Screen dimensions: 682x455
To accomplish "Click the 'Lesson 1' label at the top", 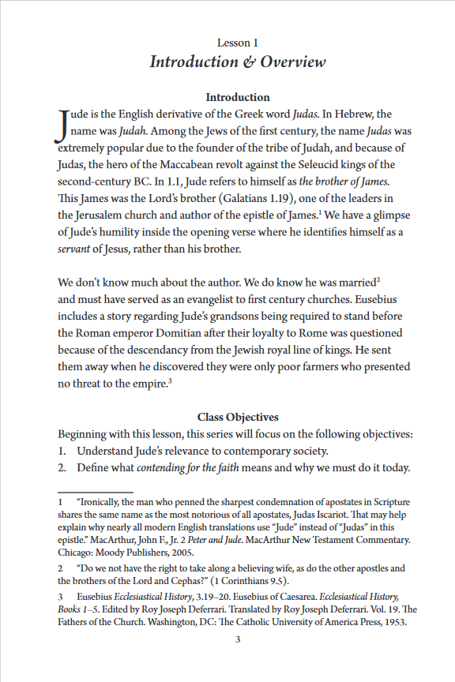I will click(238, 42).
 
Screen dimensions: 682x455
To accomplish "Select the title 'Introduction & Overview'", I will click(238, 62).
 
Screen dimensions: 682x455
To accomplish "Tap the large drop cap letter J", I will click(62, 127).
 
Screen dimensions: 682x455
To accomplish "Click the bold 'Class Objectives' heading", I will click(238, 417).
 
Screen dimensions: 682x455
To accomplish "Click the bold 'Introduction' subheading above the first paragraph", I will click(238, 97).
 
